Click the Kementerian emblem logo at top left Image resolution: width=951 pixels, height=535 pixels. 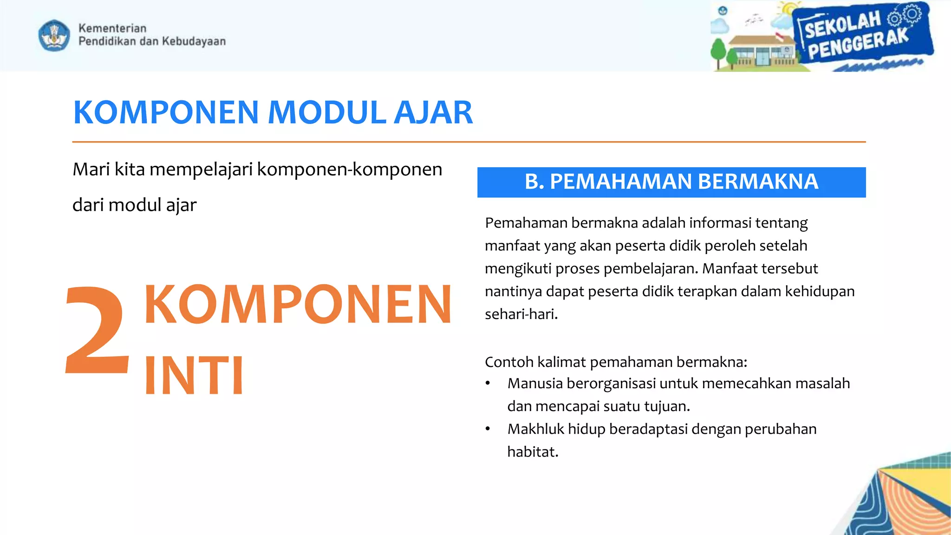click(x=54, y=35)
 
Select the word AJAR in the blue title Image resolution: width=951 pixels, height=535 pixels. click(x=433, y=113)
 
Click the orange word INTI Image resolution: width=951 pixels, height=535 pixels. click(x=194, y=375)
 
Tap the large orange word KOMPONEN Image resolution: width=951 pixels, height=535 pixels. click(x=298, y=305)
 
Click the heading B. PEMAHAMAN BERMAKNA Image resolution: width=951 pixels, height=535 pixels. click(x=671, y=182)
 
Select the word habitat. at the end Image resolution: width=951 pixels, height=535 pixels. click(x=533, y=452)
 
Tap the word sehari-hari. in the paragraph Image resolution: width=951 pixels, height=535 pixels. click(x=521, y=314)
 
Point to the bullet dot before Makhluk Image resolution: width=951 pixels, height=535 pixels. click(x=488, y=429)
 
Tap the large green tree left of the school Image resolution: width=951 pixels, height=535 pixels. click(x=718, y=51)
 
